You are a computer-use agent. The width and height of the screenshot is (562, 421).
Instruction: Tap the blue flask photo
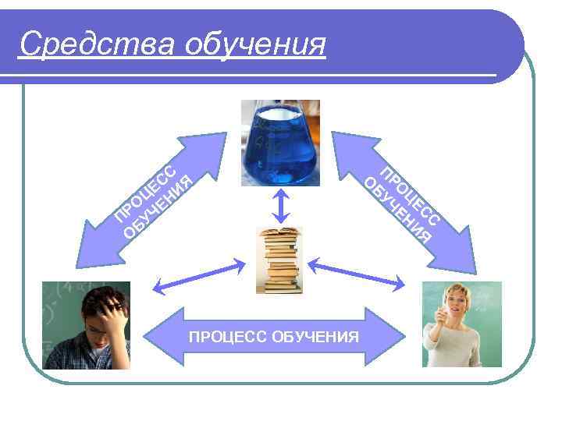click(x=280, y=143)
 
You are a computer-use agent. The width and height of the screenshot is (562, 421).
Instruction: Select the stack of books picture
click(x=279, y=260)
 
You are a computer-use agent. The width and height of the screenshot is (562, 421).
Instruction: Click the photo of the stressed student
click(x=86, y=325)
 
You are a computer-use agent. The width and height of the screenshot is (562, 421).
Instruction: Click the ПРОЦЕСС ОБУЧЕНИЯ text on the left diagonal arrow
click(x=153, y=200)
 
